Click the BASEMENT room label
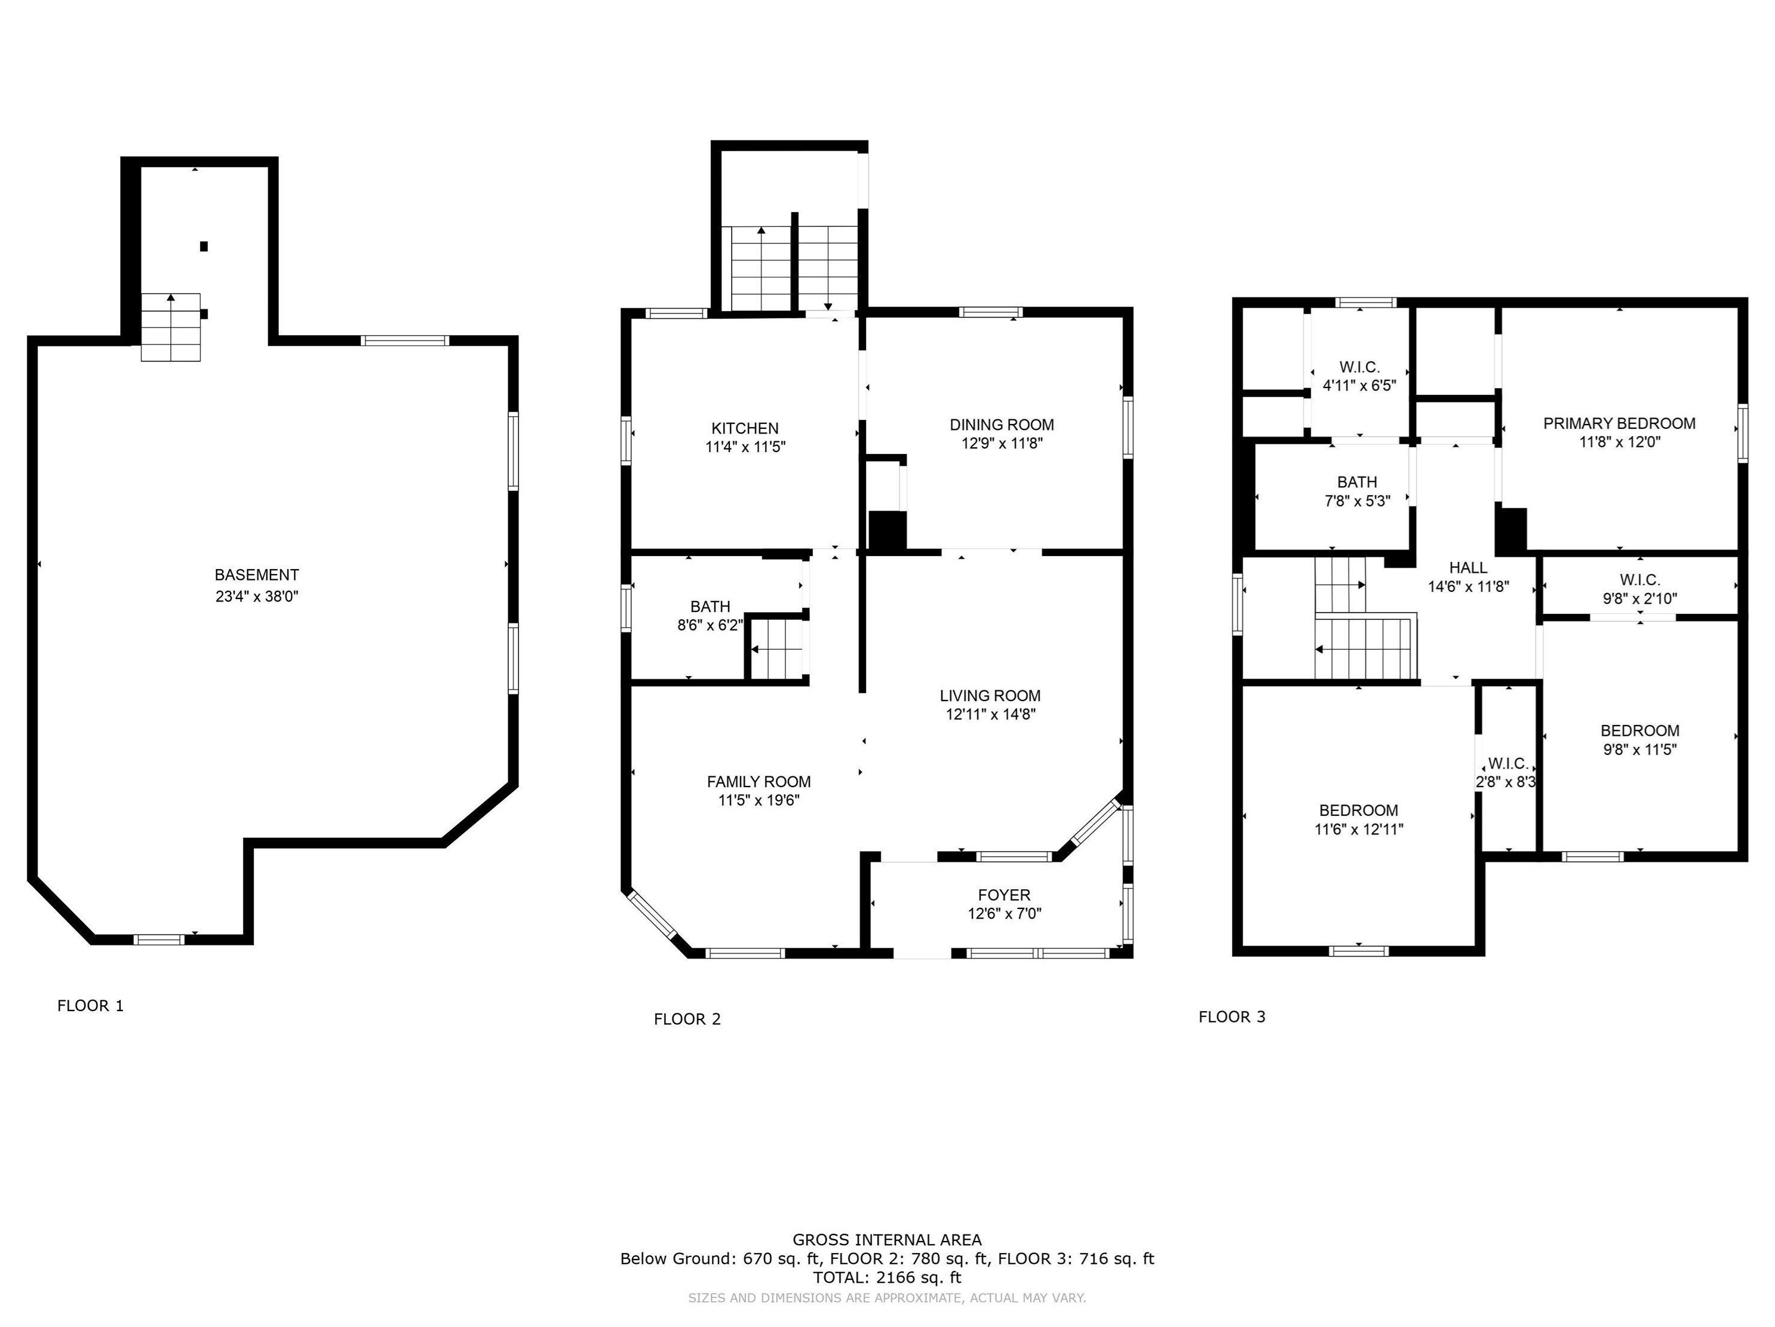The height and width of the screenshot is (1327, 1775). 257,575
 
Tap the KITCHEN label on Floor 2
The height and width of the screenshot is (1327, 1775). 745,428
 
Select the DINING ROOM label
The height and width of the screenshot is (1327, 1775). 1002,425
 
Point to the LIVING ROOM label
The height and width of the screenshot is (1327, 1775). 990,696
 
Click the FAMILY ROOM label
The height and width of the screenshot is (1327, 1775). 758,781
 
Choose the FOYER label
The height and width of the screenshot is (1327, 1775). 1004,895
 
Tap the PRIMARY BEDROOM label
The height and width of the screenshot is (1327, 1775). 1619,423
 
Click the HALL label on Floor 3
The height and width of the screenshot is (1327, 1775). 1469,567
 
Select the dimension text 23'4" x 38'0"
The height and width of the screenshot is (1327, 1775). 257,596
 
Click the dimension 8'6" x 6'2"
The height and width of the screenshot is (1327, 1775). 710,625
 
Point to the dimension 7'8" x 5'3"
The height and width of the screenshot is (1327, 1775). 1357,500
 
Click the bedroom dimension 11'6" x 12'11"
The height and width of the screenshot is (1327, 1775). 1359,830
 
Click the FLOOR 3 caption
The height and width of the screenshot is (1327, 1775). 1232,1017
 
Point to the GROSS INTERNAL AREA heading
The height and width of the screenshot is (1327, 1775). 887,1240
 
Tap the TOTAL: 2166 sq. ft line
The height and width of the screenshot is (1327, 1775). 887,1278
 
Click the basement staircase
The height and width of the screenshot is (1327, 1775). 171,327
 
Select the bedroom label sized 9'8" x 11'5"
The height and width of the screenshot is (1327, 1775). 1639,730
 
